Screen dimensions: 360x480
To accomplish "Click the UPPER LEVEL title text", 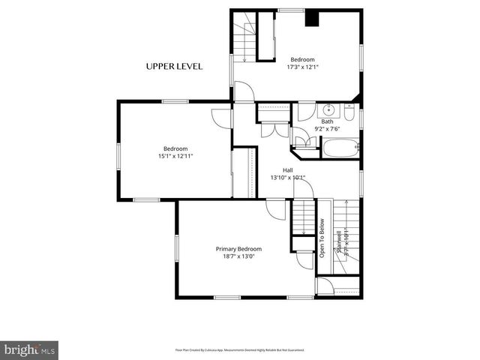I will coord(174,67).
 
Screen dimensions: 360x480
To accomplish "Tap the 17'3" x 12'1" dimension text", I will coord(303,67).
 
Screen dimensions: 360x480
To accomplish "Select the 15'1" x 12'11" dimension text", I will coord(175,156).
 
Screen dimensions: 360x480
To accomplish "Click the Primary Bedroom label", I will coord(238,249).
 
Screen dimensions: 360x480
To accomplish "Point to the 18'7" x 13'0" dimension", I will coord(238,257).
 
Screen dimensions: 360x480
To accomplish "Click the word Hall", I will coord(288,170).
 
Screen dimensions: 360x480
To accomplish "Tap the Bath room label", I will coord(328,121).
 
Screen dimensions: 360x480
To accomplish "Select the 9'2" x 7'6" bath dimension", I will coord(328,129).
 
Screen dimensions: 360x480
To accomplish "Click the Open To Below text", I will coord(322,238).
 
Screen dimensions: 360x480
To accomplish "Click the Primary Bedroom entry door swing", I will coord(276,209).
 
